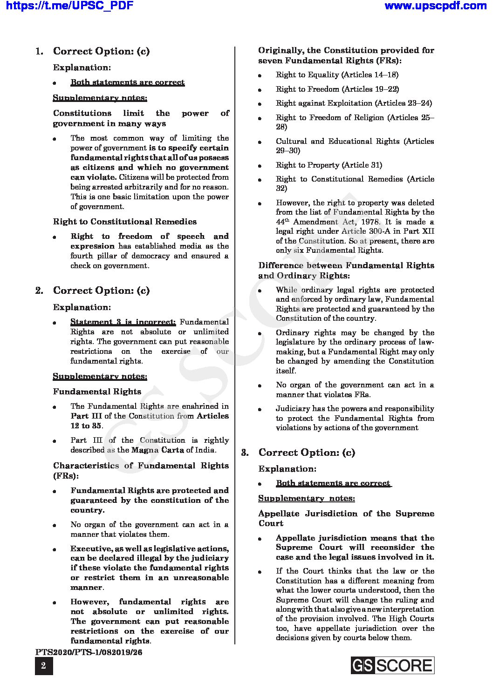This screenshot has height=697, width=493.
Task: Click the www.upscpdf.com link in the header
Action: click(x=436, y=6)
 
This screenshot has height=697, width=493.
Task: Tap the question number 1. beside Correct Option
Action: click(x=40, y=51)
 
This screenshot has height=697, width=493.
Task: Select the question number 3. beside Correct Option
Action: click(x=245, y=453)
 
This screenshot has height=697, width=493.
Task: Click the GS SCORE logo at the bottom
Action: click(x=392, y=665)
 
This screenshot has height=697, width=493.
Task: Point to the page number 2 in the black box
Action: click(x=44, y=666)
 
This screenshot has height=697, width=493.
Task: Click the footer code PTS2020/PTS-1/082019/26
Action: click(x=89, y=652)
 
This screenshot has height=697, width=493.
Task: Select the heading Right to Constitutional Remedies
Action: click(x=125, y=222)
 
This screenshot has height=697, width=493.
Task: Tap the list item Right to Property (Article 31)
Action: click(x=329, y=165)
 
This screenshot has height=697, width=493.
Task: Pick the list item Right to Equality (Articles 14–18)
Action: click(x=337, y=74)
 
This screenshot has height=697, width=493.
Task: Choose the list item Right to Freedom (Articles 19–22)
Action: click(x=337, y=89)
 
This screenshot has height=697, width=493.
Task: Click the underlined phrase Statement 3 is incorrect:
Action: click(x=123, y=322)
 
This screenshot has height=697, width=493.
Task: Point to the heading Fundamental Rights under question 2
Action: click(x=97, y=392)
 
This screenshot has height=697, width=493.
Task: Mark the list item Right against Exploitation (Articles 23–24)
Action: click(x=354, y=103)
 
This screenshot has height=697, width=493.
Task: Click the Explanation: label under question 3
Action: click(x=287, y=469)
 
